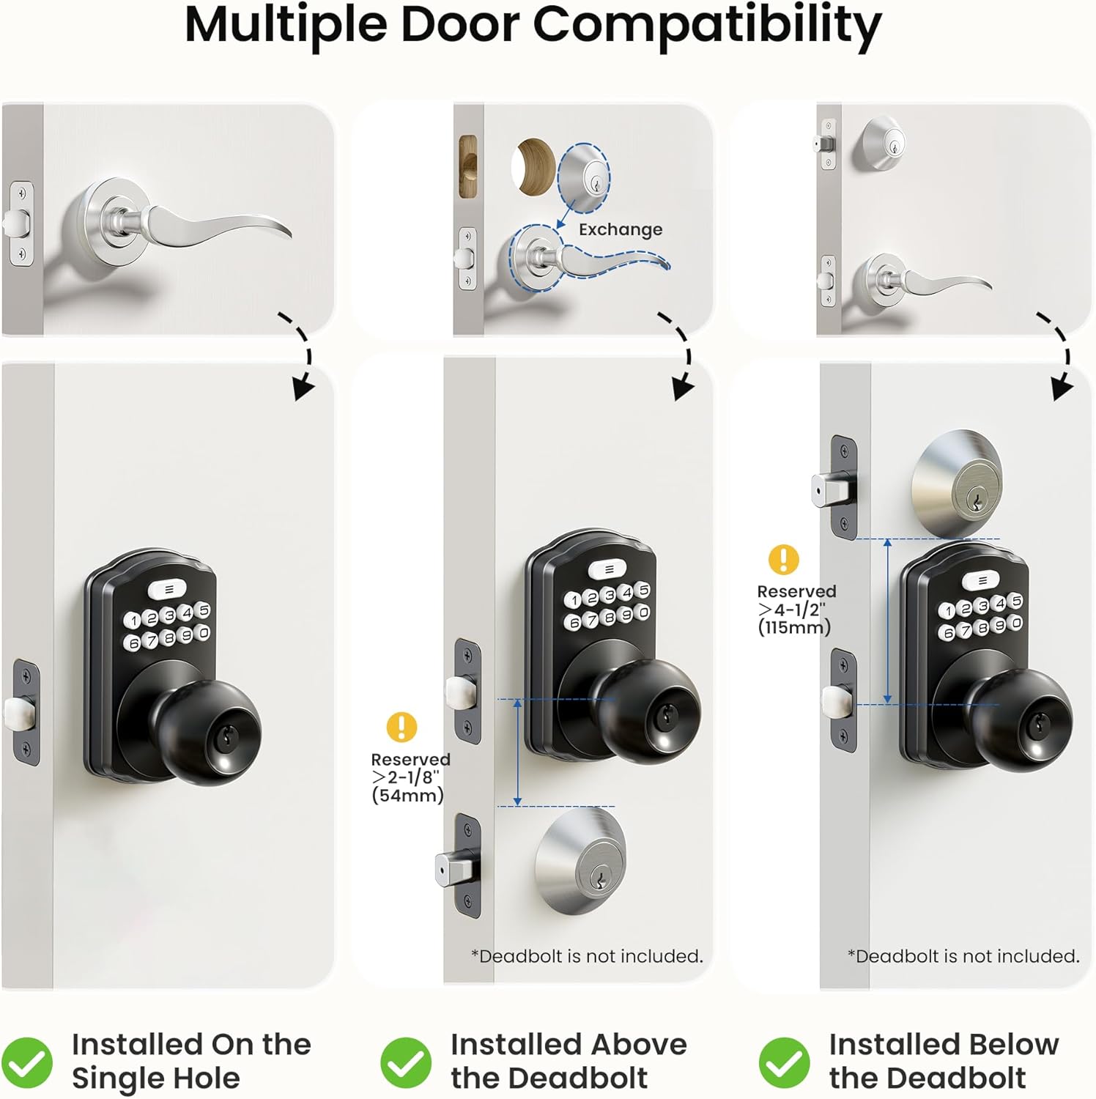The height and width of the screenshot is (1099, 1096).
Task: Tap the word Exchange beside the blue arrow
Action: (x=620, y=229)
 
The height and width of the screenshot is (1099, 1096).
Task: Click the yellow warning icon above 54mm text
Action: (x=401, y=727)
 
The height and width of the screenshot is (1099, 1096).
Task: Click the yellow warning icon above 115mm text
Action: (x=783, y=559)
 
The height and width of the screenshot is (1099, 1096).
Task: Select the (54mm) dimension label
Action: (x=407, y=796)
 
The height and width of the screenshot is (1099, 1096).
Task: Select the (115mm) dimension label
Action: (x=794, y=627)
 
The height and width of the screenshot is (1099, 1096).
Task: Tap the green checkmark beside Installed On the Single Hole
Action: (x=27, y=1062)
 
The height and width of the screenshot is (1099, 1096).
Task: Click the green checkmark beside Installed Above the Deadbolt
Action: (x=406, y=1062)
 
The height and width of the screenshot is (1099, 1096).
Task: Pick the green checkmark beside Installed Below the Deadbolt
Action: (x=784, y=1062)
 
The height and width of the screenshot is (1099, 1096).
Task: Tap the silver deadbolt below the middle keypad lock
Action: (x=582, y=862)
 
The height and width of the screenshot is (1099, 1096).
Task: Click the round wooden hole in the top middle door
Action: (x=534, y=167)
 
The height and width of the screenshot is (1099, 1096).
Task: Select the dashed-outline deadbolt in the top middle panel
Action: (x=584, y=177)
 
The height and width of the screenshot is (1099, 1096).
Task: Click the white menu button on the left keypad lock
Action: (x=169, y=589)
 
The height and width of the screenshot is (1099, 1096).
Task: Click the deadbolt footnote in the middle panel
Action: (x=587, y=956)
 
